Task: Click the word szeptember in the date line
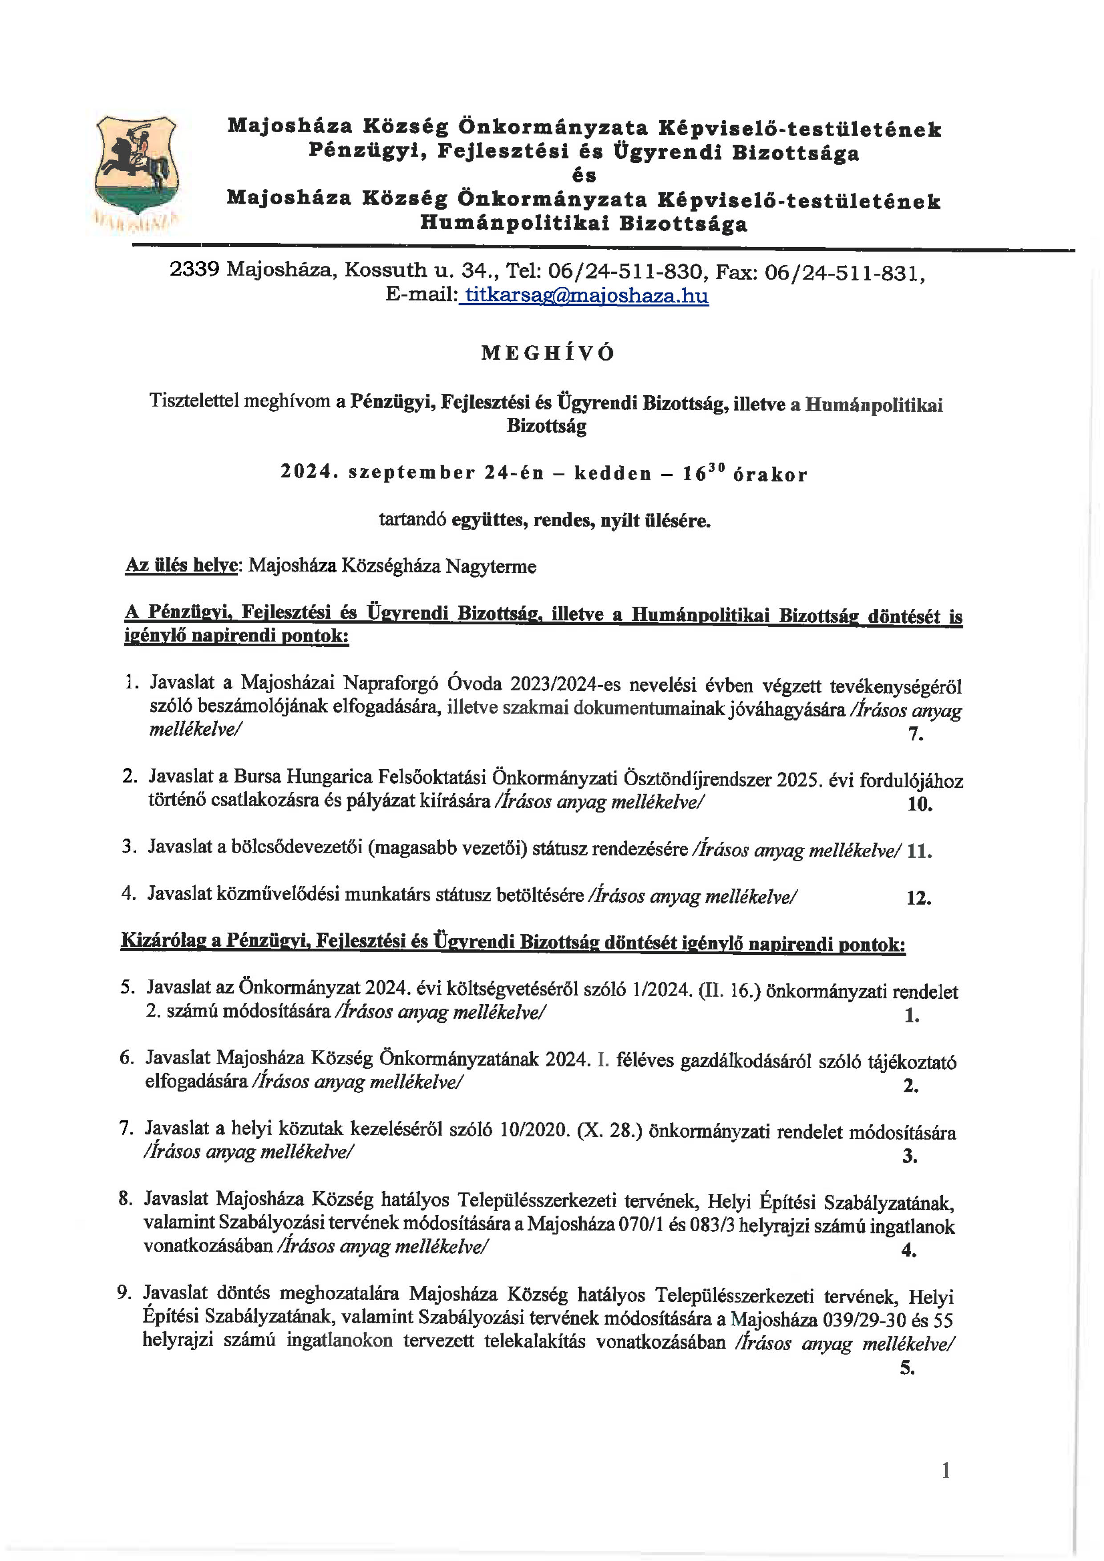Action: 411,473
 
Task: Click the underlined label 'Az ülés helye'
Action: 181,566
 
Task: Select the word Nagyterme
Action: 491,566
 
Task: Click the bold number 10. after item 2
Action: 919,804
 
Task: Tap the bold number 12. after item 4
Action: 918,898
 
